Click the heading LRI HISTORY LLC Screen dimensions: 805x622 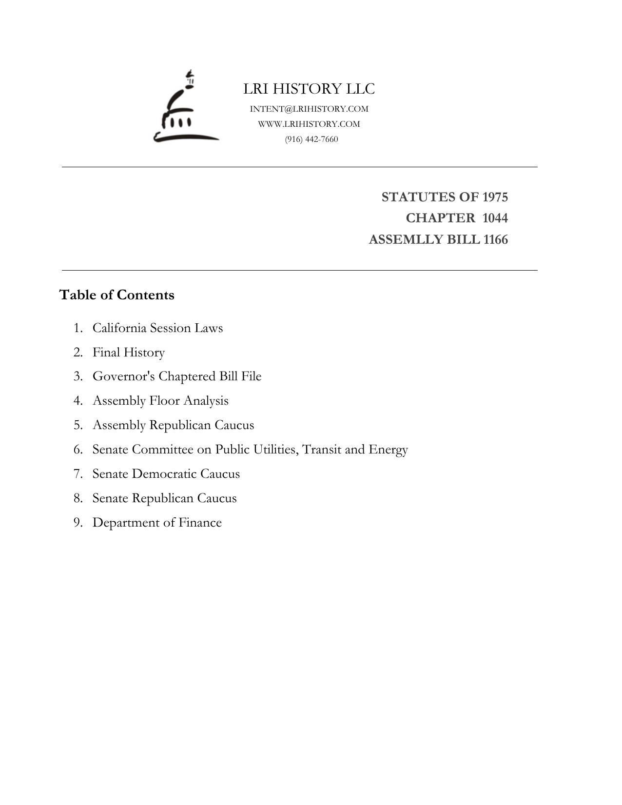[x=309, y=89]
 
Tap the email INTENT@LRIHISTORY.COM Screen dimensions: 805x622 [x=309, y=109]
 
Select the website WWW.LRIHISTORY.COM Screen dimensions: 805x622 [x=309, y=124]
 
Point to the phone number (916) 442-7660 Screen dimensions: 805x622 [x=311, y=139]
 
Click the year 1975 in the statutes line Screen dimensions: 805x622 [x=495, y=197]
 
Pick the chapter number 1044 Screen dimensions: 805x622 [x=495, y=218]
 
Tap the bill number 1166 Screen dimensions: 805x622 [x=495, y=240]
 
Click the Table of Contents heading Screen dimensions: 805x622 [x=117, y=295]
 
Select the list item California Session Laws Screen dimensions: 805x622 [x=157, y=328]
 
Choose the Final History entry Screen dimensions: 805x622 [x=129, y=353]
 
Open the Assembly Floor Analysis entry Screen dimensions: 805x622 [x=160, y=401]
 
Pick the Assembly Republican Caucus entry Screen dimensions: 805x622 [x=173, y=425]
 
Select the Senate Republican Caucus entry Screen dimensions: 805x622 [x=164, y=498]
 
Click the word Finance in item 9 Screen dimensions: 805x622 [x=200, y=523]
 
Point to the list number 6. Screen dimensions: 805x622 [x=78, y=450]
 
